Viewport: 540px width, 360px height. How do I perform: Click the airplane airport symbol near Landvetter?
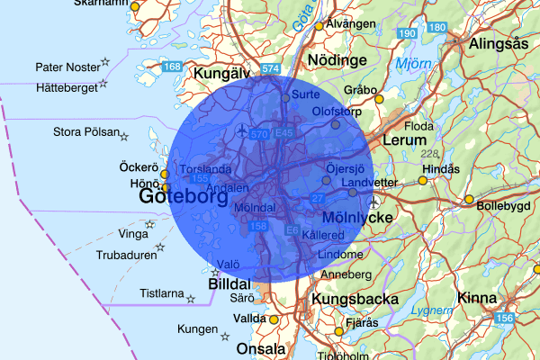(373, 202)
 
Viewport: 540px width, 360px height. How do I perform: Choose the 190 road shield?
(407, 33)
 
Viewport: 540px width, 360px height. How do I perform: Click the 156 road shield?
(504, 319)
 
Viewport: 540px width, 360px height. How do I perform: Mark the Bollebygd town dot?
(469, 199)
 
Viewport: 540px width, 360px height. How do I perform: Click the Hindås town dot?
(423, 180)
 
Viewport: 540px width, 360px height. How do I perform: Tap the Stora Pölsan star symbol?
(124, 136)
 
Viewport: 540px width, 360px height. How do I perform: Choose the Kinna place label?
(476, 297)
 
